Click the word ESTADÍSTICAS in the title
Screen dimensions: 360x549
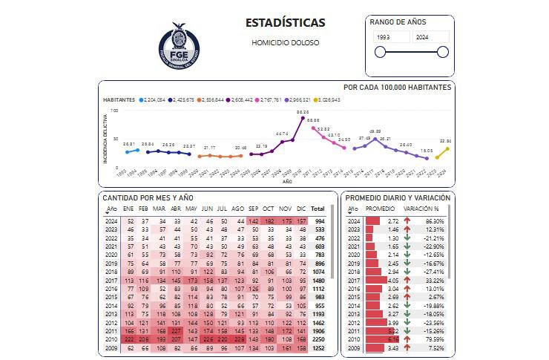tap(285, 22)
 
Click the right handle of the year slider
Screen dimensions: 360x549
tap(443, 52)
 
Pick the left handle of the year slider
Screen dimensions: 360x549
tap(381, 52)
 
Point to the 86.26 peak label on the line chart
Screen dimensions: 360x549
tap(302, 112)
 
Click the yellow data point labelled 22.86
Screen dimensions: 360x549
tap(447, 148)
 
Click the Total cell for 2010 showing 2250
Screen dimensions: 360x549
tap(318, 338)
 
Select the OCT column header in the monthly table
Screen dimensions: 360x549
tap(269, 209)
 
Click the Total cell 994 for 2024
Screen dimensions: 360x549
tap(319, 221)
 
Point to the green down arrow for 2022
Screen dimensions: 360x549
tap(407, 238)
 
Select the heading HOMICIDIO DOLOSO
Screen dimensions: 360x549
tap(286, 42)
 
